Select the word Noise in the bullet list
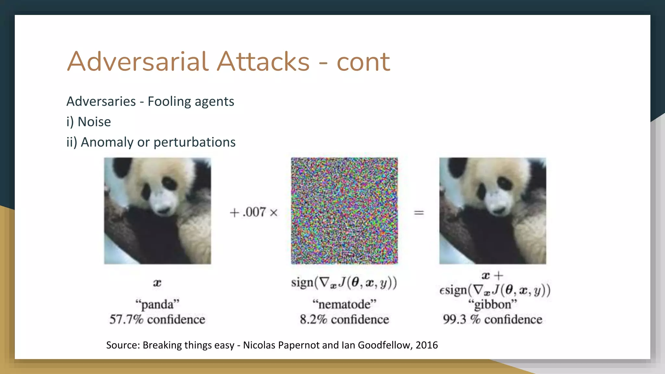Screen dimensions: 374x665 (x=94, y=122)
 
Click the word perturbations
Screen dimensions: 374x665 (x=194, y=142)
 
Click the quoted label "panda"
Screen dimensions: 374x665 (x=157, y=305)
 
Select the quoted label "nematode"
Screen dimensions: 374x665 (x=344, y=305)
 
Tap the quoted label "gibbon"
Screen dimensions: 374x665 (x=493, y=305)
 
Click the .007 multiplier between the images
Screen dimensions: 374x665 (x=254, y=212)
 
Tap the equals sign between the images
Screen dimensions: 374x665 (x=419, y=213)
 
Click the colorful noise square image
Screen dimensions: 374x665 (x=344, y=211)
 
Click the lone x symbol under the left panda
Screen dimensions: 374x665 (x=157, y=283)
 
